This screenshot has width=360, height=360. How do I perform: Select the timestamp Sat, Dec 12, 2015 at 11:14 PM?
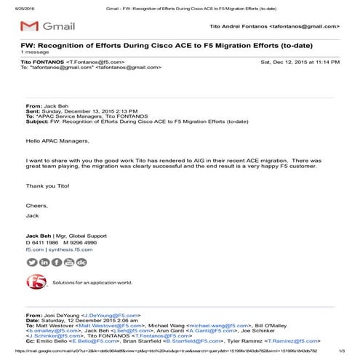[x=300, y=62]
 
